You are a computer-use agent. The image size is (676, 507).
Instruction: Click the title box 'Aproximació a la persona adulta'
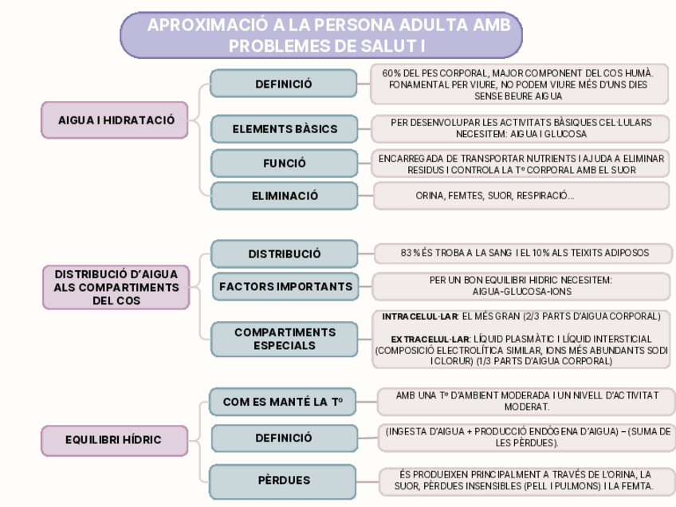click(320, 36)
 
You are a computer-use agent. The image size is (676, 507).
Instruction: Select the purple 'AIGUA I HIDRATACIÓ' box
click(115, 120)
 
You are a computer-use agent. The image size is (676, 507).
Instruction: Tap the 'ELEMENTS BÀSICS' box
click(284, 128)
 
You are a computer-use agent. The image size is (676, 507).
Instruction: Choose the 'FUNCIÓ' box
click(284, 163)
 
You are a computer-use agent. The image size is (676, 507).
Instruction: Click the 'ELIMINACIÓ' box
click(284, 195)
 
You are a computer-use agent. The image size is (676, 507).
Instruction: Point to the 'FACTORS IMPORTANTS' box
click(284, 286)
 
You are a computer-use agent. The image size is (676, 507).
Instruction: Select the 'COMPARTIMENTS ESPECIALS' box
click(284, 339)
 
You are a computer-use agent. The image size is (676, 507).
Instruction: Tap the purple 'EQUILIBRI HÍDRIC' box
click(113, 439)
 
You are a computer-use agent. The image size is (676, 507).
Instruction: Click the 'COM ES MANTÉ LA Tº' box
click(283, 402)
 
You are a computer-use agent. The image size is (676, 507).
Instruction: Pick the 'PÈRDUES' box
click(283, 481)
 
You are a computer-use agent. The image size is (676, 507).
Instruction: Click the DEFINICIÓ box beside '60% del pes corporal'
click(284, 84)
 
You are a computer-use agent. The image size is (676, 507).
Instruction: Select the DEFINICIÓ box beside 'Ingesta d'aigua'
click(283, 438)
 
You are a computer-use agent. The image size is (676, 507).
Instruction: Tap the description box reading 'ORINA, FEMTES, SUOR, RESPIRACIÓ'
click(521, 195)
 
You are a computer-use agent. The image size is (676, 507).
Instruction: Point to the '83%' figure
click(411, 253)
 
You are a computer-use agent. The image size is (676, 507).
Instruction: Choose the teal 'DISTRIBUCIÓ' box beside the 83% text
click(284, 254)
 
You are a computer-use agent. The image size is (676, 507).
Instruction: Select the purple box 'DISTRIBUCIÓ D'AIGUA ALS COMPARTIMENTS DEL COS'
click(115, 287)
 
